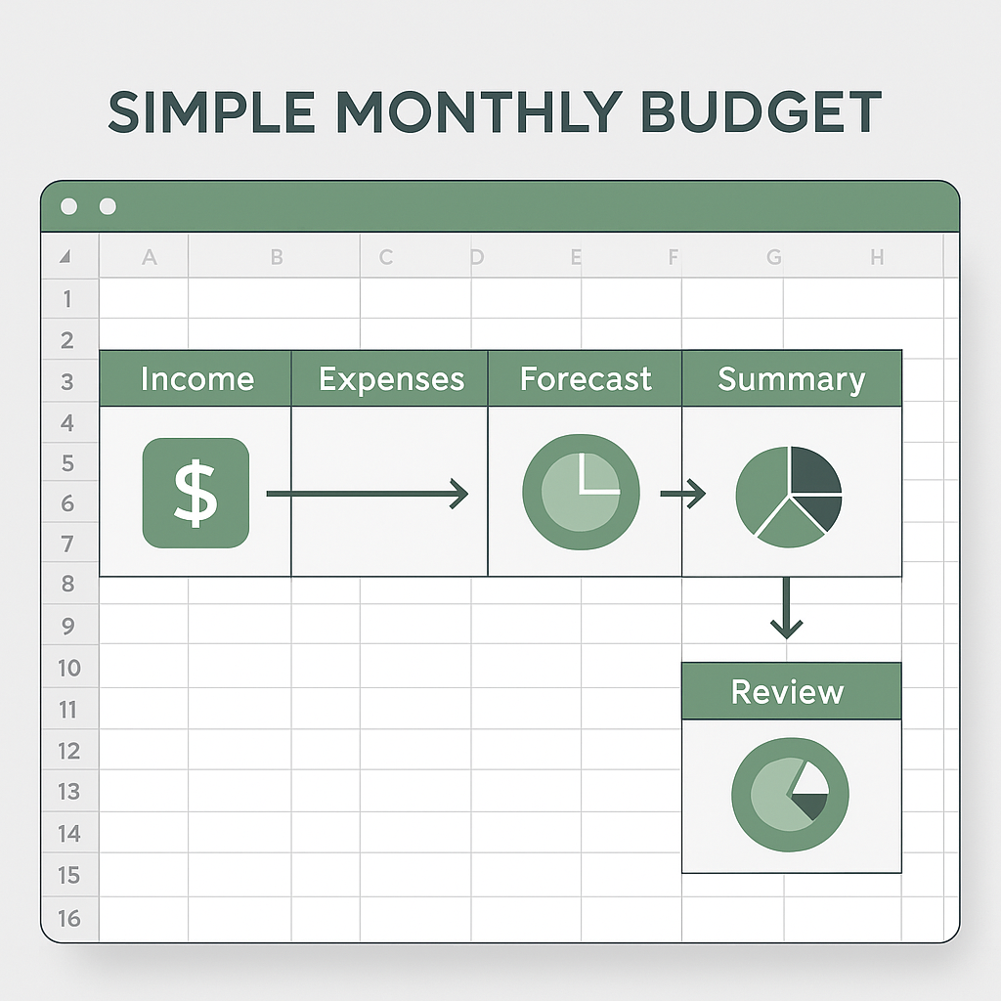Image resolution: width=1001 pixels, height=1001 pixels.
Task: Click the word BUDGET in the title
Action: coord(761,111)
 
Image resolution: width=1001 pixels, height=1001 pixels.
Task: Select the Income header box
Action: coord(196,378)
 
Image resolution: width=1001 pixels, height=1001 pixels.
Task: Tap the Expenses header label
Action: coord(391,380)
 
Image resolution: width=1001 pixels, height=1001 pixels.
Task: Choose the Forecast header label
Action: coord(586,378)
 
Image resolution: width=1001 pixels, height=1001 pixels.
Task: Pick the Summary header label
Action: coord(792,380)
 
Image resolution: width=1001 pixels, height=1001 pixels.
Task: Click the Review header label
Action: coord(787,692)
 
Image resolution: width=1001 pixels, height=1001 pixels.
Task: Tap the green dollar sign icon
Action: coord(196,493)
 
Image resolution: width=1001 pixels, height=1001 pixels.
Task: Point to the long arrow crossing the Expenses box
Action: coord(368,494)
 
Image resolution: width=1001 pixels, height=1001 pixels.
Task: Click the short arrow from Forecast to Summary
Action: coord(682,494)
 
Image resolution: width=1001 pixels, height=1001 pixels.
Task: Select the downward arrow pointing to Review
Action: coord(786,608)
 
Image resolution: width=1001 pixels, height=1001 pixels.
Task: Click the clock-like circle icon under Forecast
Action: coord(581,493)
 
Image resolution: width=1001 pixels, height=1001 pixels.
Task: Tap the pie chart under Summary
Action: coord(789,497)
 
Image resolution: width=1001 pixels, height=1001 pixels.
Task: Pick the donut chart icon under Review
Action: coord(790,795)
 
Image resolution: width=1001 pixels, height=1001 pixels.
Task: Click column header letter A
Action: coord(150,257)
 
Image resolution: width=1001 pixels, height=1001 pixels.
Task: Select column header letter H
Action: coord(877,257)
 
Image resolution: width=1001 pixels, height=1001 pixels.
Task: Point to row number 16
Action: coord(69,919)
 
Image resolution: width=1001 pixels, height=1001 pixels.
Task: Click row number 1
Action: coord(67,299)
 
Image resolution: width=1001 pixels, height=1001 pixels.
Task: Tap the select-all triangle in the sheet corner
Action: coord(65,257)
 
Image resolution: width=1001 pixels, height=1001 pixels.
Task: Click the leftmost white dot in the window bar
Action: coord(69,206)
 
